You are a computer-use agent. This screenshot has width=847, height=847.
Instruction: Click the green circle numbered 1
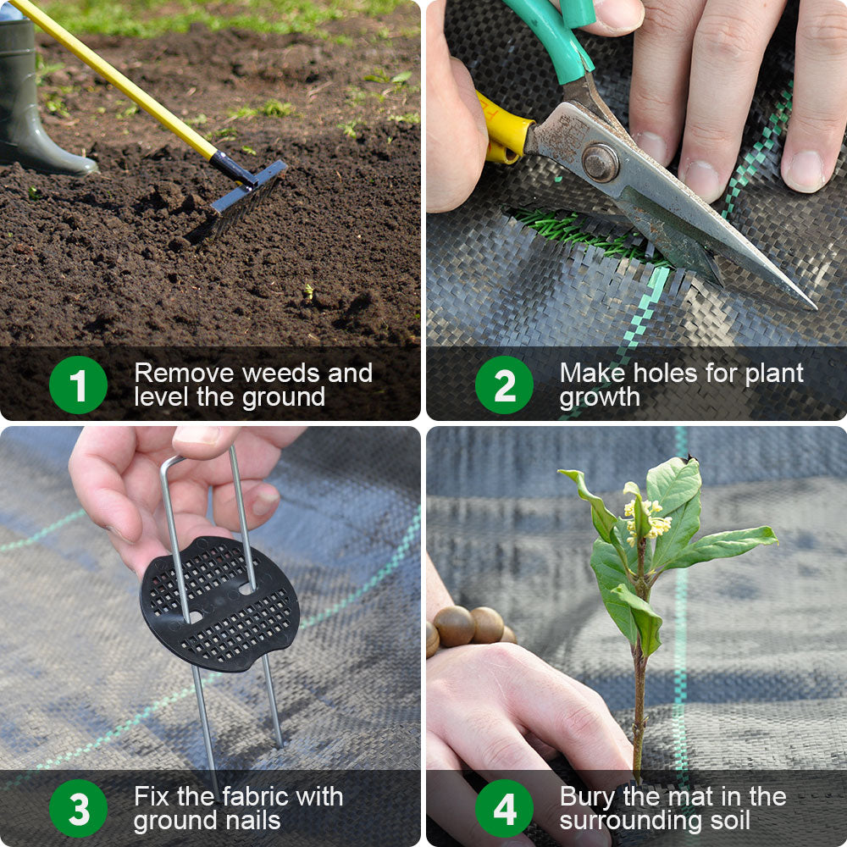[x=78, y=385]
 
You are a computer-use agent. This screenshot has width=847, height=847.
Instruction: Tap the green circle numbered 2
[x=504, y=385]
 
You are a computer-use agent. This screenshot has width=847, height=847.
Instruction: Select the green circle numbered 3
[x=78, y=809]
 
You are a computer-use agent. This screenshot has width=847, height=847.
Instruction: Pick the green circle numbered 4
[x=504, y=809]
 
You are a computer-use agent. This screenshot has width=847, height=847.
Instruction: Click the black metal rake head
[x=246, y=196]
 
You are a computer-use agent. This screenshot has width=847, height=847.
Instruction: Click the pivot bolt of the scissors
[x=601, y=162]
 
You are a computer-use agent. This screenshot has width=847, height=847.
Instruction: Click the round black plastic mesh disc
[x=220, y=604]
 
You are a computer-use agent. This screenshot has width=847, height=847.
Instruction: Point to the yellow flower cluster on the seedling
[x=648, y=520]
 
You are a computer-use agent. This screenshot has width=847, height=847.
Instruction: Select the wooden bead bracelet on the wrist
[x=469, y=628]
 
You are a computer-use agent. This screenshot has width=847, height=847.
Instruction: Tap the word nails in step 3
[x=253, y=821]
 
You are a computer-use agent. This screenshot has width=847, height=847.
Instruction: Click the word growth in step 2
[x=600, y=398]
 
